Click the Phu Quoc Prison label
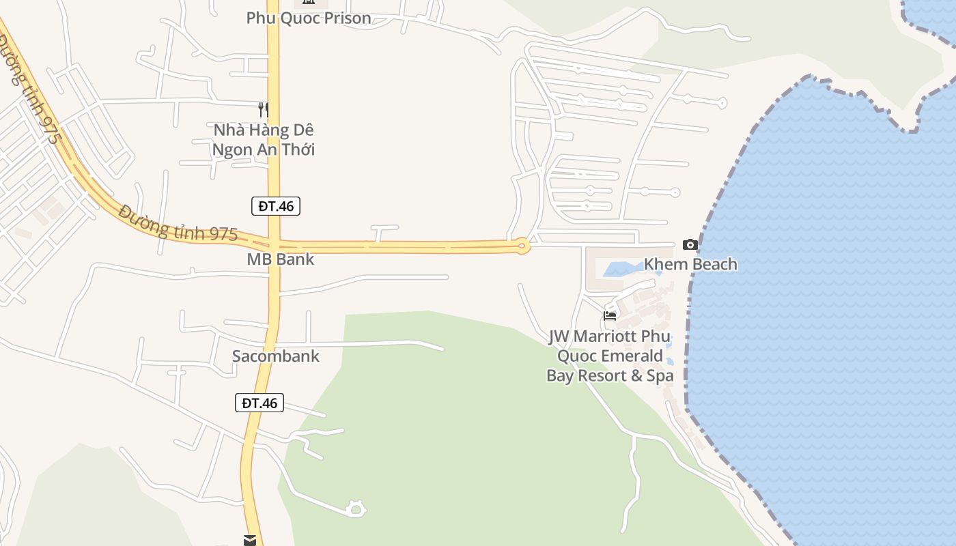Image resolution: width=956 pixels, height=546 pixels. click(309, 18)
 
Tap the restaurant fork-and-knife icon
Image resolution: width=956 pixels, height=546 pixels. click(263, 109)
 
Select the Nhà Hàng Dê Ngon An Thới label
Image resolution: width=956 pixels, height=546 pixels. click(264, 139)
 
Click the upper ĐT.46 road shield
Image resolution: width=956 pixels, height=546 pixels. click(276, 205)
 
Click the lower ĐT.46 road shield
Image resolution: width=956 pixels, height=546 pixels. click(259, 403)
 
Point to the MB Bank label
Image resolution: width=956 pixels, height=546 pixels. click(281, 259)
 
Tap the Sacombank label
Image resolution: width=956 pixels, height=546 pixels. click(276, 356)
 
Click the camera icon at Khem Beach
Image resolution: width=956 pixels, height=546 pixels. click(690, 244)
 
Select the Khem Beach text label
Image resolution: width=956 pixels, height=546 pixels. click(690, 264)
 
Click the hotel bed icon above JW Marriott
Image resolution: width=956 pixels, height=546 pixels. click(610, 315)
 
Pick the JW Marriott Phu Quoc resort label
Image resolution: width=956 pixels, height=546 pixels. click(610, 356)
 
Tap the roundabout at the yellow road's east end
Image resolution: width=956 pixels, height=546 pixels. click(522, 246)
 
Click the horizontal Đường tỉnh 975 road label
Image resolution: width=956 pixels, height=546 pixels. click(178, 223)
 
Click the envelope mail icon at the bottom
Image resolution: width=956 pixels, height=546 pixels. click(250, 541)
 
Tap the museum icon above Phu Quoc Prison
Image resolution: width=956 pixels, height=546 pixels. click(309, 2)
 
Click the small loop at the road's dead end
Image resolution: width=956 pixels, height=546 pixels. click(355, 508)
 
